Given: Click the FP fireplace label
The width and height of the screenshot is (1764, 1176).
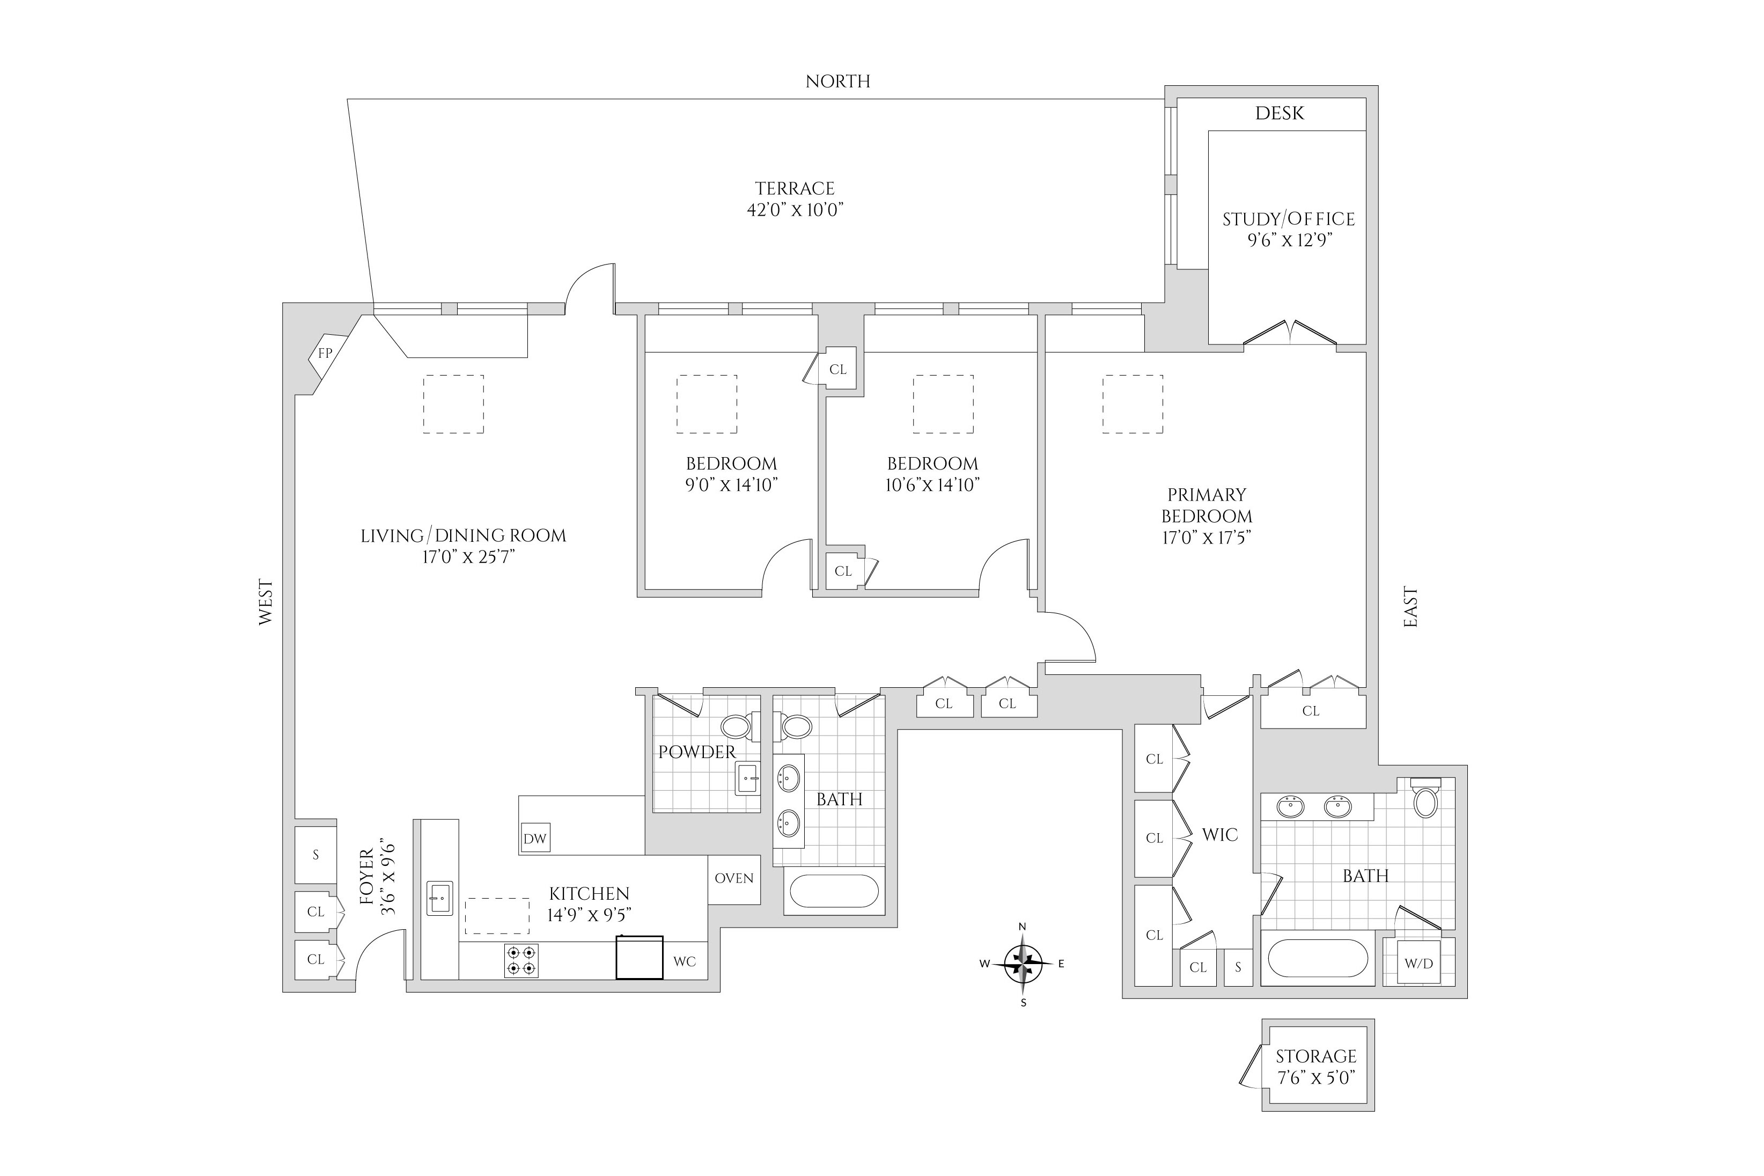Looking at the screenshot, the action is [325, 352].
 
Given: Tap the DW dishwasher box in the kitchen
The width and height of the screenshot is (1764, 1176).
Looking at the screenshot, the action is [535, 838].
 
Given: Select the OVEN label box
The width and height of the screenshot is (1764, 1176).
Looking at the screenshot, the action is [734, 879].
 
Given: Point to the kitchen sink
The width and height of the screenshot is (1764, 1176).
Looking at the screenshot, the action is [440, 898].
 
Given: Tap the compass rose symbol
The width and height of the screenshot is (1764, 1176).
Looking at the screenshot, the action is [1023, 964].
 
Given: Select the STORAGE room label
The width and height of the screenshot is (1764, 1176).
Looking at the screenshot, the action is [1316, 1056].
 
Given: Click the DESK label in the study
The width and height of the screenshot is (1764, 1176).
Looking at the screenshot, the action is [1280, 113].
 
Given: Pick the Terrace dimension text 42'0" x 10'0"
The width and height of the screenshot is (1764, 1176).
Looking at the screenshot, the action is [795, 209].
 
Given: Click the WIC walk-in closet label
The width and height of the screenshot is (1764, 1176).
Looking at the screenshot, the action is [1219, 835].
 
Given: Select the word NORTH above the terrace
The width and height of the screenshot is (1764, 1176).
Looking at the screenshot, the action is [838, 82].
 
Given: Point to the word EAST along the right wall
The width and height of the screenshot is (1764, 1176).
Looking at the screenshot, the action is [1411, 607].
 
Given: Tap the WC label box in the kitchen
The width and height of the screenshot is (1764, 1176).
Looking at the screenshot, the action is [685, 961].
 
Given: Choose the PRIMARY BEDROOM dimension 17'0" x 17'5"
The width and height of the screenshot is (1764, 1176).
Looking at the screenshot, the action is [1207, 537].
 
